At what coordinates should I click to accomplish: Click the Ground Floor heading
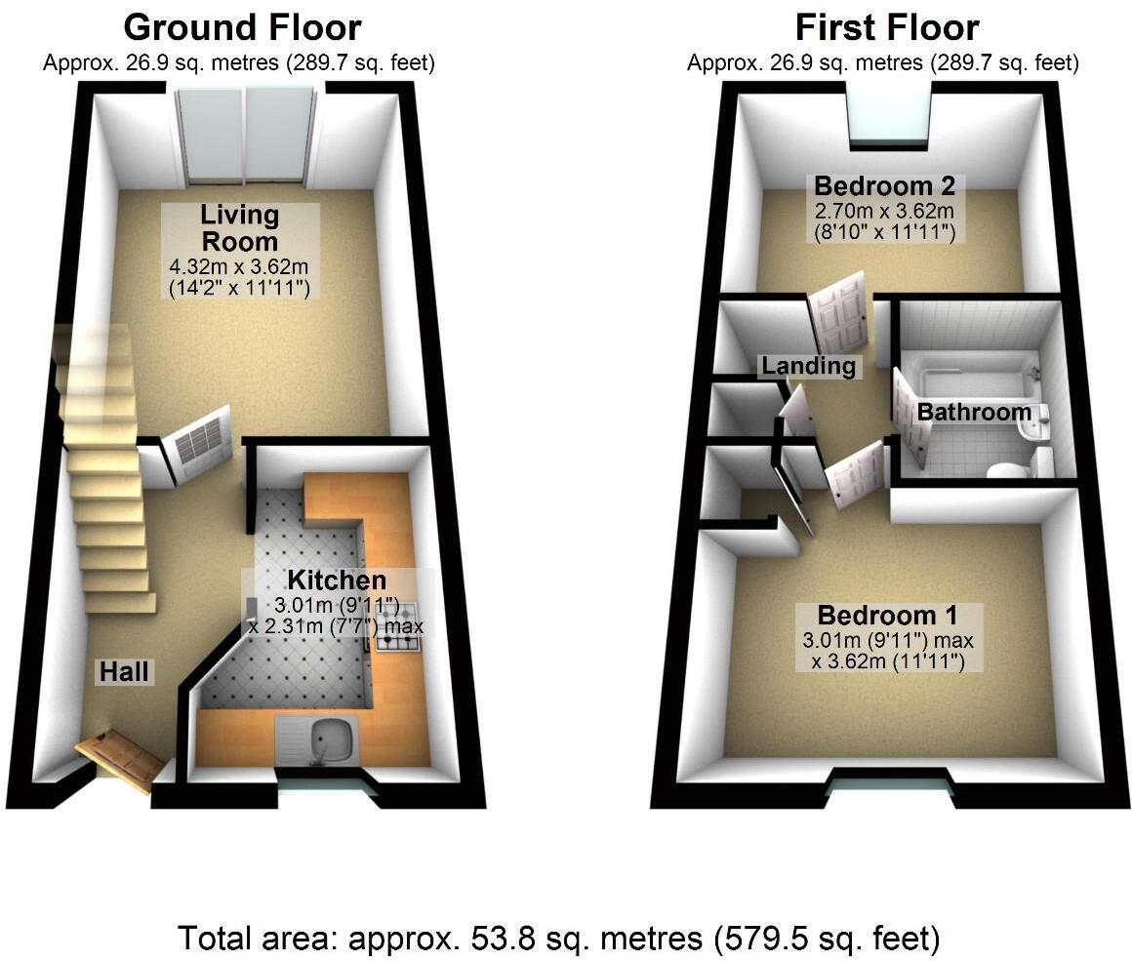point(242,27)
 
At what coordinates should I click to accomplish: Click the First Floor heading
point(886,27)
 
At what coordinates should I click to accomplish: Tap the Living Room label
point(240,227)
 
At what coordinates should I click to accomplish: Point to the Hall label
point(124,671)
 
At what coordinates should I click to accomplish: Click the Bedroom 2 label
point(884,185)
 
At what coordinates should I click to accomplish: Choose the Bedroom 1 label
point(887,616)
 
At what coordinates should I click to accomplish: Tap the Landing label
point(809,366)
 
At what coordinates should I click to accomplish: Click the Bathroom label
point(973,412)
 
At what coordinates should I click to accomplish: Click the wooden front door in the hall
point(118,758)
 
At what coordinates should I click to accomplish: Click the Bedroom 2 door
point(839,312)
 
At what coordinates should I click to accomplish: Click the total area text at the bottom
point(559,939)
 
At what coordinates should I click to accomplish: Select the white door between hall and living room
point(201,446)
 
